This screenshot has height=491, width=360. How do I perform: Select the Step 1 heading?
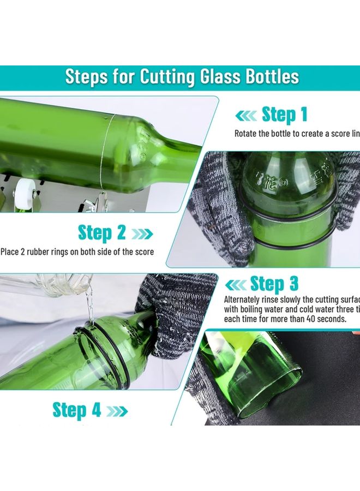pyautogui.click(x=285, y=115)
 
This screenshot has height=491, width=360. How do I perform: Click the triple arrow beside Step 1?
pyautogui.click(x=245, y=116)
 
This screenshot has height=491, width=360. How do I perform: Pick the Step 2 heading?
pyautogui.click(x=102, y=232)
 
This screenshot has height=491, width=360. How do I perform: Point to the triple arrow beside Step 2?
pyautogui.click(x=142, y=234)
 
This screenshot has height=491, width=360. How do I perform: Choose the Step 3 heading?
pyautogui.click(x=274, y=284)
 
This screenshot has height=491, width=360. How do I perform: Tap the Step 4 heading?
pyautogui.click(x=77, y=410)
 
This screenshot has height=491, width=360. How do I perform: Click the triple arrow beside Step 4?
pyautogui.click(x=117, y=411)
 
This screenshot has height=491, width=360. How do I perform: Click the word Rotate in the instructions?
pyautogui.click(x=247, y=134)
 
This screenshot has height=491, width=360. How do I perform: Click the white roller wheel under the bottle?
pyautogui.click(x=21, y=191)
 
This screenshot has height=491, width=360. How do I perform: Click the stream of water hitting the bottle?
pyautogui.click(x=90, y=308)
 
